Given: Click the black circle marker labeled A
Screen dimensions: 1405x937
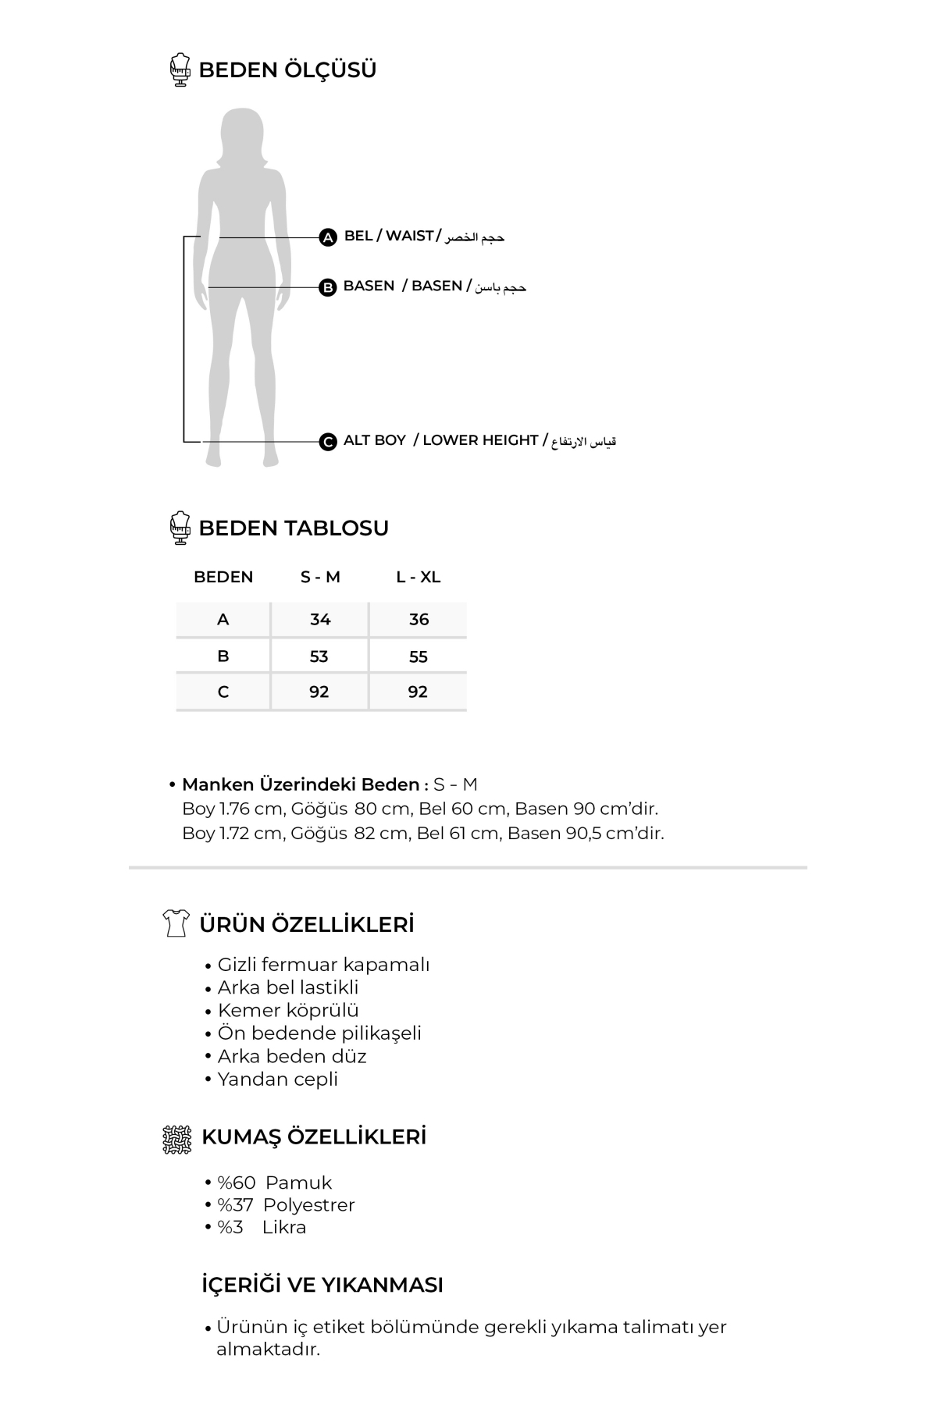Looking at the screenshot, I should pyautogui.click(x=328, y=237).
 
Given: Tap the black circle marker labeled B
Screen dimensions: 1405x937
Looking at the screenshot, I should pyautogui.click(x=328, y=287).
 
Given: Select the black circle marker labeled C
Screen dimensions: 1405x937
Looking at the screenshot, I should pyautogui.click(x=328, y=442).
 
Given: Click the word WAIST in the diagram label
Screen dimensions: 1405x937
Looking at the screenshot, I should pyautogui.click(x=409, y=236).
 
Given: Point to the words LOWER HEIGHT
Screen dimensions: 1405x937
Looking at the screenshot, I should pyautogui.click(x=480, y=440).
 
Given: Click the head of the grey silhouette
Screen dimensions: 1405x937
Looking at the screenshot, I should pyautogui.click(x=241, y=133).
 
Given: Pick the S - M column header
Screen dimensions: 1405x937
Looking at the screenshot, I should pyautogui.click(x=320, y=577).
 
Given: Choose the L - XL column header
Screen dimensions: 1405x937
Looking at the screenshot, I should pyautogui.click(x=419, y=577).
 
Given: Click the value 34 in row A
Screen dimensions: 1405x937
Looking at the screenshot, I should pyautogui.click(x=320, y=620).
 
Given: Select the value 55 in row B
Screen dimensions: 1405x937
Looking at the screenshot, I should pyautogui.click(x=419, y=656).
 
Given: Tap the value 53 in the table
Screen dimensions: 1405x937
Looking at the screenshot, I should pyautogui.click(x=319, y=656).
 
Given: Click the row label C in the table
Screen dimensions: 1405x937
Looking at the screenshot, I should pyautogui.click(x=223, y=692).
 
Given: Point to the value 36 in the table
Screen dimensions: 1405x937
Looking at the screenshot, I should pyautogui.click(x=419, y=620).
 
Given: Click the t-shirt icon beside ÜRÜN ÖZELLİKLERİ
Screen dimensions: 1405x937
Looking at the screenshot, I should pyautogui.click(x=176, y=923).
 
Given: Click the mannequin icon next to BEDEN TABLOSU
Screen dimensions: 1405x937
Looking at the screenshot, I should pyautogui.click(x=180, y=528).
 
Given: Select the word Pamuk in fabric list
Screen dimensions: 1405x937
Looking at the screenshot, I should pyautogui.click(x=298, y=1183).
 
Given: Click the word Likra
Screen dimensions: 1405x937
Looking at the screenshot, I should pyautogui.click(x=284, y=1227).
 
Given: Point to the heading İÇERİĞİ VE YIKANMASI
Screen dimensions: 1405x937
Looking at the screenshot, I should pyautogui.click(x=322, y=1285).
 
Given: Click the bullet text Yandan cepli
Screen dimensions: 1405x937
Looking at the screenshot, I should pyautogui.click(x=277, y=1079).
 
